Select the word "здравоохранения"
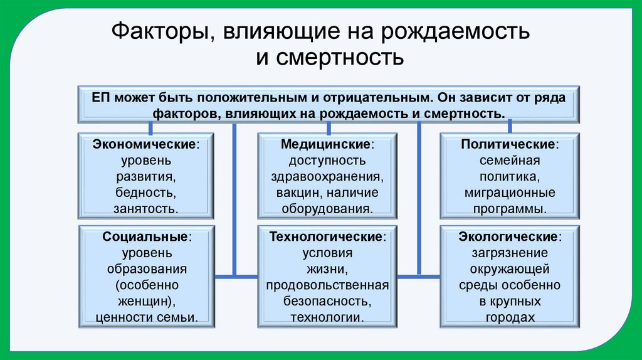coord(327,177)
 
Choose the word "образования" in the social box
coord(147,269)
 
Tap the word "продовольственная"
coord(327,285)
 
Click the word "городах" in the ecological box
coord(510,317)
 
